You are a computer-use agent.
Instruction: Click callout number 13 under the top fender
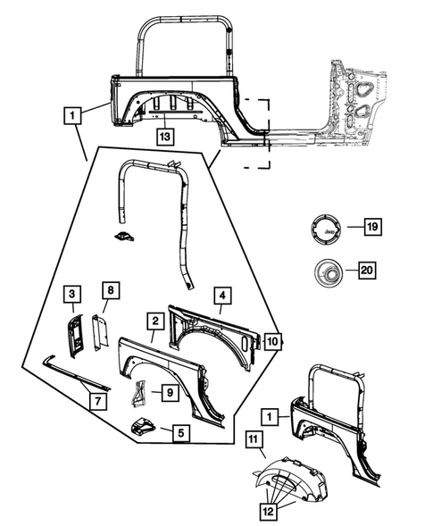click(x=165, y=137)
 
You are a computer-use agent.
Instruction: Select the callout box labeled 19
click(x=372, y=227)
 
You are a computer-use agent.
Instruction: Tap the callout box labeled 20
click(x=367, y=270)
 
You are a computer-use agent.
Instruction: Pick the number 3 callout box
click(x=72, y=294)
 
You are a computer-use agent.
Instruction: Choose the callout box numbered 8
click(x=111, y=290)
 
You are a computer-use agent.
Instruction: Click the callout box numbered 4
click(x=222, y=296)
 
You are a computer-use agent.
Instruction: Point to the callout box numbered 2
click(x=155, y=321)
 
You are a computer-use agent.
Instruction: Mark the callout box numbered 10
click(x=272, y=341)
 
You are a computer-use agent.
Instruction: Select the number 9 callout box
click(x=170, y=392)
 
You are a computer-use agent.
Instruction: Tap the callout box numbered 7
click(x=98, y=401)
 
